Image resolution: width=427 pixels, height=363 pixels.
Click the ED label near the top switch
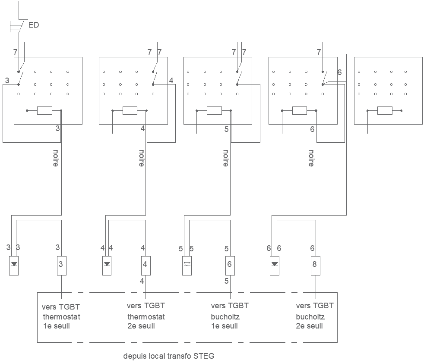[33, 25]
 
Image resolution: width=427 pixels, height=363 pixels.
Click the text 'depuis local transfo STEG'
[168, 356]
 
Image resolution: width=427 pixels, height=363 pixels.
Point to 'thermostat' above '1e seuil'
[61, 317]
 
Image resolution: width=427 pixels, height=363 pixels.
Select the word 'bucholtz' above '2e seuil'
[310, 317]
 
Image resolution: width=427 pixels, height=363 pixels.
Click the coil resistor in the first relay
[44, 111]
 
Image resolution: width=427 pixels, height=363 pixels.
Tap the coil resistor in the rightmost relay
[385, 111]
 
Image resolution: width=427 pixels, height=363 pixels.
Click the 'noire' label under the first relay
[56, 158]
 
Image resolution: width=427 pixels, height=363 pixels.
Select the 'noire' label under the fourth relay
[311, 158]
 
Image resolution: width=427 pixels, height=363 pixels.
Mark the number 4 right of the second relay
[171, 81]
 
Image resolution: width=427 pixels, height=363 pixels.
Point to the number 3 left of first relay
[7, 81]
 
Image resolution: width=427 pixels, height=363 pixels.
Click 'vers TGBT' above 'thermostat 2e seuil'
[145, 306]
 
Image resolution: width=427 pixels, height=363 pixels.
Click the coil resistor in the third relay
[214, 111]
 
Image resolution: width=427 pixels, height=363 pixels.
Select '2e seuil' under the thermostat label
[141, 326]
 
